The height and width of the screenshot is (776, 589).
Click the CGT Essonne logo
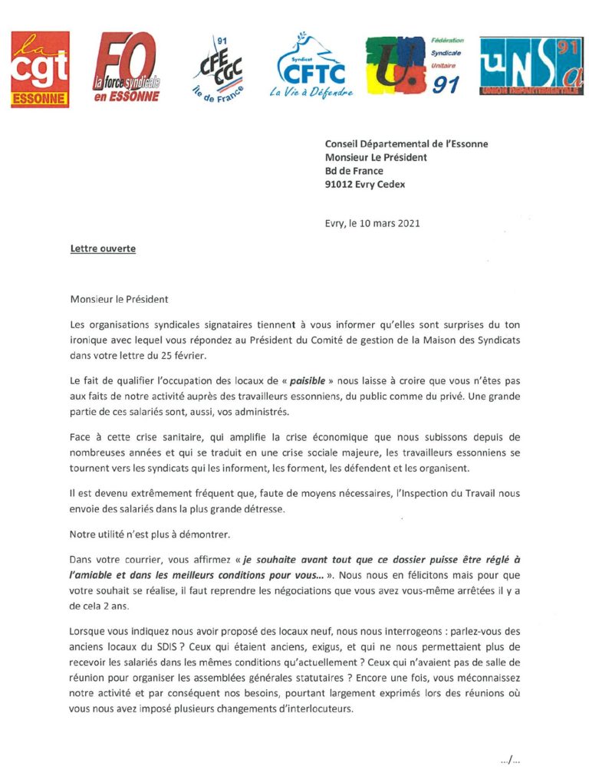40,69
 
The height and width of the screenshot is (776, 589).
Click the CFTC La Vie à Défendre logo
311,67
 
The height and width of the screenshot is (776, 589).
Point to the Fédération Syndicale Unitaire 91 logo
413,65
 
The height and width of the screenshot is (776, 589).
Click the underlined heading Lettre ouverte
103,249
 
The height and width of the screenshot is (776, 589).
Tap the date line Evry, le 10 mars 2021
372,224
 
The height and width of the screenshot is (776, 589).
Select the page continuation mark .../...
510,760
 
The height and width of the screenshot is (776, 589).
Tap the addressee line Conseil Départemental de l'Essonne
406,143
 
